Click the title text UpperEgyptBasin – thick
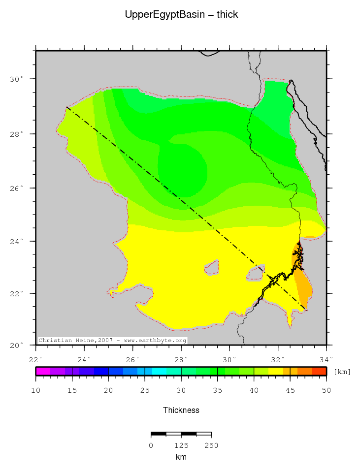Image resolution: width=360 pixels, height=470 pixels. click(181, 15)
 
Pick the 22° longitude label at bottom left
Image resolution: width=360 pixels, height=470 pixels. click(36, 359)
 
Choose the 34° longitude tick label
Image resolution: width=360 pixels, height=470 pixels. click(327, 359)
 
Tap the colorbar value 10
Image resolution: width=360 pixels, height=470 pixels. click(36, 391)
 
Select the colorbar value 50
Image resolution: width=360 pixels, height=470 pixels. click(326, 391)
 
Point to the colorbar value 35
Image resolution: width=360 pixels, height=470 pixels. click(217, 391)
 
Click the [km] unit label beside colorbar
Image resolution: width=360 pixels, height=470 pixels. click(342, 372)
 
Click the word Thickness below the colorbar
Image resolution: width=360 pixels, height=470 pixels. click(181, 410)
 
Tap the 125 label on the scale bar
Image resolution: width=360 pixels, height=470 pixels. click(181, 445)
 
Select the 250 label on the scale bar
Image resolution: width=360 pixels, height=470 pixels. click(211, 445)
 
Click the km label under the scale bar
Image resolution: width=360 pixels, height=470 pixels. click(181, 457)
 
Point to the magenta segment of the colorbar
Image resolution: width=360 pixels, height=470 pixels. click(43, 371)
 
